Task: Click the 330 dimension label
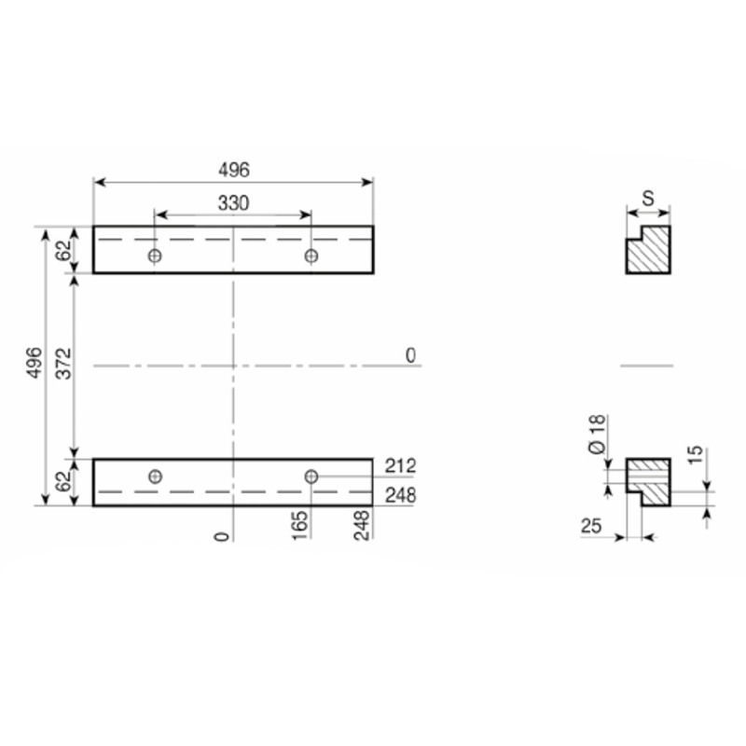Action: coord(233,203)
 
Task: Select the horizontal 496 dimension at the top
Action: coord(234,170)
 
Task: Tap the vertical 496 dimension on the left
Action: coord(35,363)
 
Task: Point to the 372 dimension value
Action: coord(63,364)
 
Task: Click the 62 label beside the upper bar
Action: coord(63,250)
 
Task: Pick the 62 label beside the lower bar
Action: coord(63,481)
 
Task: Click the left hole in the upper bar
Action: coord(155,256)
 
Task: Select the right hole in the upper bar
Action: coord(311,256)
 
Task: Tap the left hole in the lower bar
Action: coord(155,477)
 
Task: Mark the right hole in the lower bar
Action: coord(311,477)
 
